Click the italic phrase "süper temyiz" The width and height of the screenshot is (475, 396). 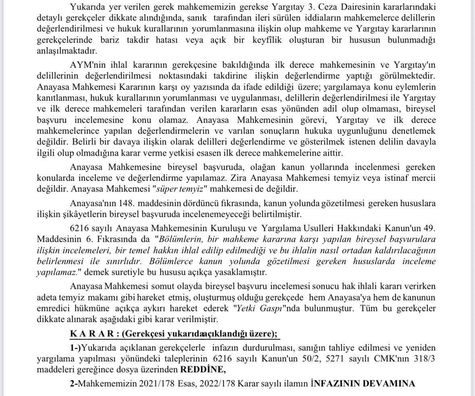click(x=184, y=188)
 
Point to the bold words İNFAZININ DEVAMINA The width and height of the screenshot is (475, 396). click(x=363, y=383)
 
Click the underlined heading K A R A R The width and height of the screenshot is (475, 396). click(x=89, y=334)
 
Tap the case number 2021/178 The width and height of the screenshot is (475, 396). click(x=153, y=383)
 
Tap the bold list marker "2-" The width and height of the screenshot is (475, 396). click(x=73, y=383)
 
